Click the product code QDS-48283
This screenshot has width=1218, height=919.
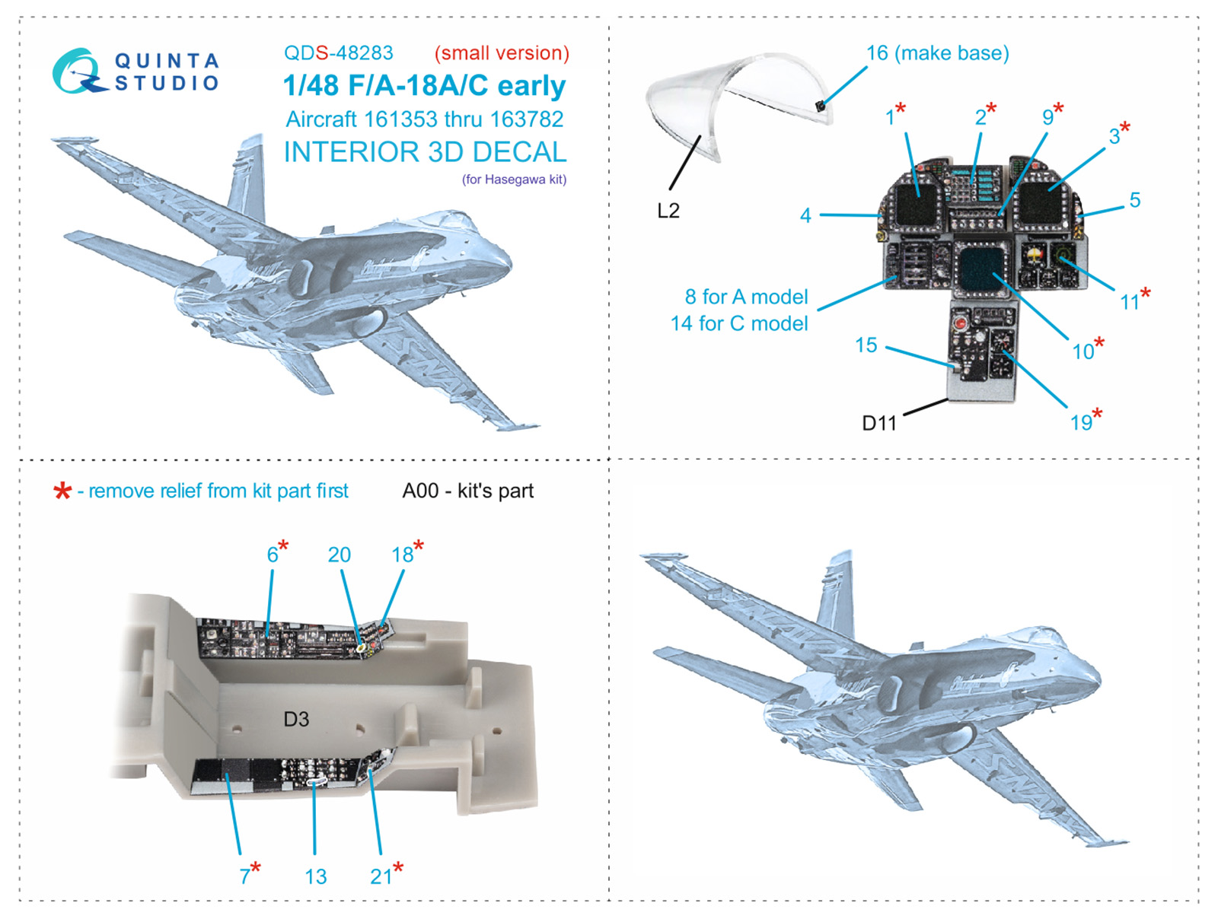click(338, 53)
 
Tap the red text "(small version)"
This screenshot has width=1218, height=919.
click(502, 53)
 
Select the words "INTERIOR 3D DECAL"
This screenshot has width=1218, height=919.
click(425, 152)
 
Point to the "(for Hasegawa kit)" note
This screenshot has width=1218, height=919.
click(514, 180)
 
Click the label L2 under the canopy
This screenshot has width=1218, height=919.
click(668, 211)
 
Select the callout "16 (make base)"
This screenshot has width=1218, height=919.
click(937, 53)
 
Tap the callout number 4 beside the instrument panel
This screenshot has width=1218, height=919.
click(805, 216)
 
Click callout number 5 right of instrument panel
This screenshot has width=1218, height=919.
click(1134, 200)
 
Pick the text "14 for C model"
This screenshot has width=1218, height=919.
click(738, 323)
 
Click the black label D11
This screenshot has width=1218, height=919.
click(878, 423)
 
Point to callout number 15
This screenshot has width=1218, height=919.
click(866, 345)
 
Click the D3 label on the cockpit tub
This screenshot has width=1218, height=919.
click(296, 719)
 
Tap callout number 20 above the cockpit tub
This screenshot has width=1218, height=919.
click(339, 555)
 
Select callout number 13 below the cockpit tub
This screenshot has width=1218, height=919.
click(315, 876)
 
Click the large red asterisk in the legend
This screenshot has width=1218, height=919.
click(62, 491)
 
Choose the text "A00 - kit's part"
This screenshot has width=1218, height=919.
click(467, 491)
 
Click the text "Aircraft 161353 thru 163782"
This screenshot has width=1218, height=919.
click(424, 119)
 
